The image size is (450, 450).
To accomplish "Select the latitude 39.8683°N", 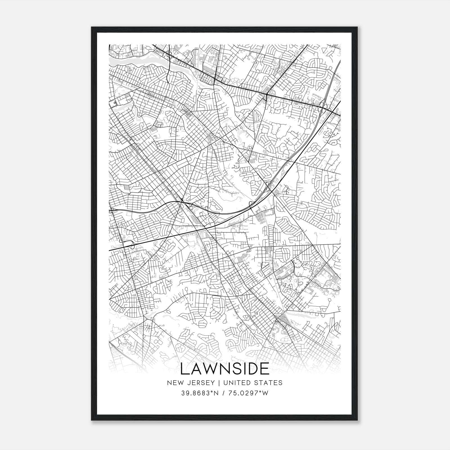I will click(x=200, y=393).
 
